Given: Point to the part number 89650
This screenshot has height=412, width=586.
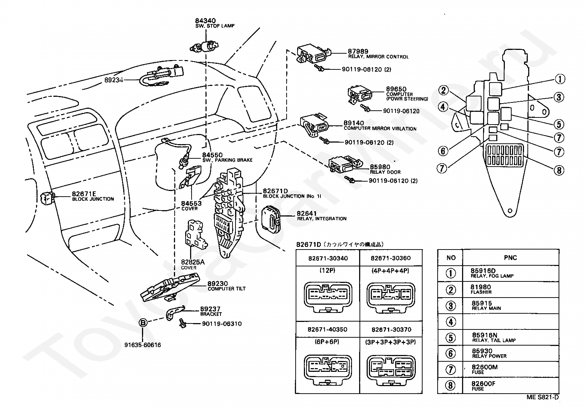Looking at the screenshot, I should click(x=396, y=89).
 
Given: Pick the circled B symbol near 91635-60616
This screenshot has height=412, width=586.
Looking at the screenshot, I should click(x=143, y=322).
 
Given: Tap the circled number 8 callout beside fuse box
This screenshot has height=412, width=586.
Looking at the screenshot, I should click(x=559, y=170).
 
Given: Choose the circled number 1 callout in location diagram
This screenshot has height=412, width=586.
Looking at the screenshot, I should click(x=559, y=79).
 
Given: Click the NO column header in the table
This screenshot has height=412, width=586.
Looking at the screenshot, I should click(x=451, y=258).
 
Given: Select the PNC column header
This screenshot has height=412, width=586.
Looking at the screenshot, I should click(x=510, y=258).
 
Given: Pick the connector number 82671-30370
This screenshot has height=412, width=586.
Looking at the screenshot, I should click(x=391, y=329).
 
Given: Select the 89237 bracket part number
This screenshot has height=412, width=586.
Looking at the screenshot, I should click(x=210, y=309).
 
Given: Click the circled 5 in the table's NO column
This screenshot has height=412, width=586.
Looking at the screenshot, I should click(x=450, y=337).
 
